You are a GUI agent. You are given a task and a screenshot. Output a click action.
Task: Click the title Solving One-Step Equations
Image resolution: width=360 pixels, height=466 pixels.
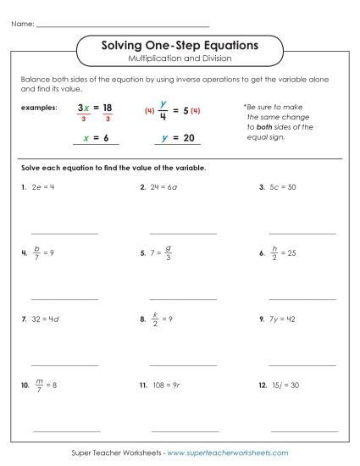click(180, 44)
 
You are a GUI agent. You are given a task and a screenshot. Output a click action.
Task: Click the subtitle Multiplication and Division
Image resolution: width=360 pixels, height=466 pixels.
click(180, 58)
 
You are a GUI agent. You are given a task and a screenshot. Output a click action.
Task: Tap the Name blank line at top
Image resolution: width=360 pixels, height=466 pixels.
click(123, 25)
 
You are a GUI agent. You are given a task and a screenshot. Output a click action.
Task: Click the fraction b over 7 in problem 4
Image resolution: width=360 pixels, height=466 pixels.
click(36, 252)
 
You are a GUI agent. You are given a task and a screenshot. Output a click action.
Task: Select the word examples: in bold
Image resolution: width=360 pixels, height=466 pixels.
click(40, 108)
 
